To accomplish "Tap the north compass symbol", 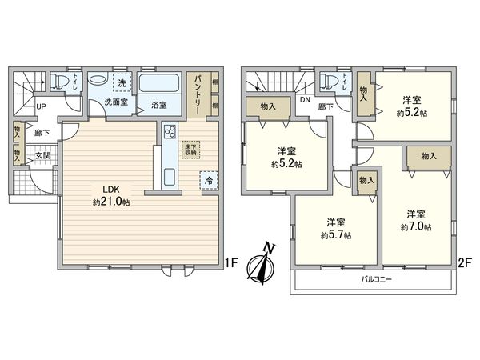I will (262, 263).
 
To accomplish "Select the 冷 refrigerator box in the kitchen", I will (207, 182).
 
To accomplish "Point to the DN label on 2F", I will (305, 101).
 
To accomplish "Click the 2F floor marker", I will (463, 261).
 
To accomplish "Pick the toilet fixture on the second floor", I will (326, 81).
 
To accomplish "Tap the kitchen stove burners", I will (169, 132).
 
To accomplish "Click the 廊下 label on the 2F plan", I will (326, 104).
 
